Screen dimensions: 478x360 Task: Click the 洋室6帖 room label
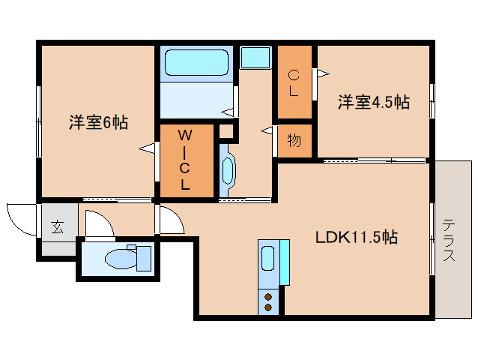(x=98, y=122)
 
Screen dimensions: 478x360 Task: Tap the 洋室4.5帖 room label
(x=374, y=102)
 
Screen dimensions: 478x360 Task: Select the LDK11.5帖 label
(x=357, y=237)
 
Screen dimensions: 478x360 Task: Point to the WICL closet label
(x=185, y=160)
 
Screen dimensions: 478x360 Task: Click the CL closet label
(x=294, y=83)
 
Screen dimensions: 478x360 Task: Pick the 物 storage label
(x=294, y=140)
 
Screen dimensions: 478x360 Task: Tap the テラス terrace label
(x=449, y=240)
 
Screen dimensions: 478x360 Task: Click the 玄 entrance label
(x=58, y=226)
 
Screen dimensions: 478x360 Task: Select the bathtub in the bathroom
(x=196, y=62)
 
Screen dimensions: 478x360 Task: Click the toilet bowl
(x=121, y=259)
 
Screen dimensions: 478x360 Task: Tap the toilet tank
(x=144, y=259)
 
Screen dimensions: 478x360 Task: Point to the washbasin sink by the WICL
(x=228, y=170)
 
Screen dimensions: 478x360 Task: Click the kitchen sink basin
(x=268, y=258)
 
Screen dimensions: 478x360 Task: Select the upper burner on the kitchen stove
(x=268, y=296)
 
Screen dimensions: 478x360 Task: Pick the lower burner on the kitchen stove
(x=268, y=307)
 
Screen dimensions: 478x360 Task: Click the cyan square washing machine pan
(x=255, y=57)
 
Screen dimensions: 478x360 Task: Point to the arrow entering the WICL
(x=148, y=148)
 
